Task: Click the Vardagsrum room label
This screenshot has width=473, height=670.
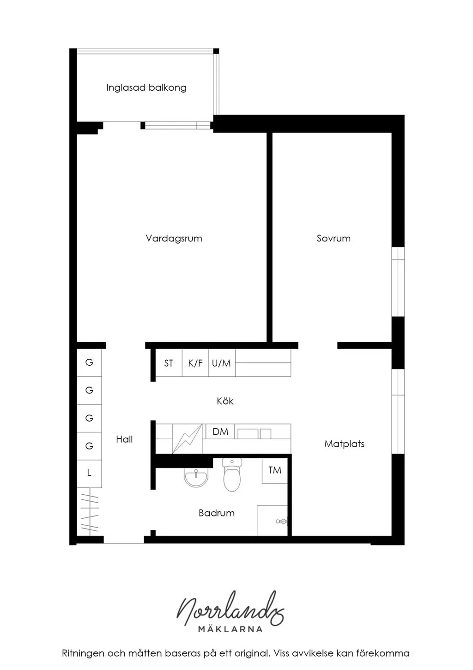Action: point(174,239)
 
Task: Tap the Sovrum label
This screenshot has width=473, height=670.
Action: point(334,239)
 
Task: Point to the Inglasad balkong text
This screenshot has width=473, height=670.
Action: point(146,88)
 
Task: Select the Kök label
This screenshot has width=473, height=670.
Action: point(225,401)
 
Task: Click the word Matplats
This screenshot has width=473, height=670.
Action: point(344,444)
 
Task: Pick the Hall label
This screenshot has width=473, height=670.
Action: point(124,439)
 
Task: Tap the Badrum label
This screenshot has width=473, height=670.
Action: point(216,513)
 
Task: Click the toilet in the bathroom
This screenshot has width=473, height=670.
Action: point(232,475)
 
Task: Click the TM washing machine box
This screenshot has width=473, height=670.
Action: point(275,470)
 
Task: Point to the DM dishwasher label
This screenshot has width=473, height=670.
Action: point(220,431)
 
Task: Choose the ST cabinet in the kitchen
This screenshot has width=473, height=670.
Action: point(169,363)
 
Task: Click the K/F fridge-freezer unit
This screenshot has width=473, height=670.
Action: point(195,363)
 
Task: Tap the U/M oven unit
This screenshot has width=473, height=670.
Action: point(222,363)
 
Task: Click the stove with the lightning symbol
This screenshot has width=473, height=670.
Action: point(188,438)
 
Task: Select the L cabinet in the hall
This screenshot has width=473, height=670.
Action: point(89,473)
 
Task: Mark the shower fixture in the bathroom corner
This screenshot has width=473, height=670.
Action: point(282,522)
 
